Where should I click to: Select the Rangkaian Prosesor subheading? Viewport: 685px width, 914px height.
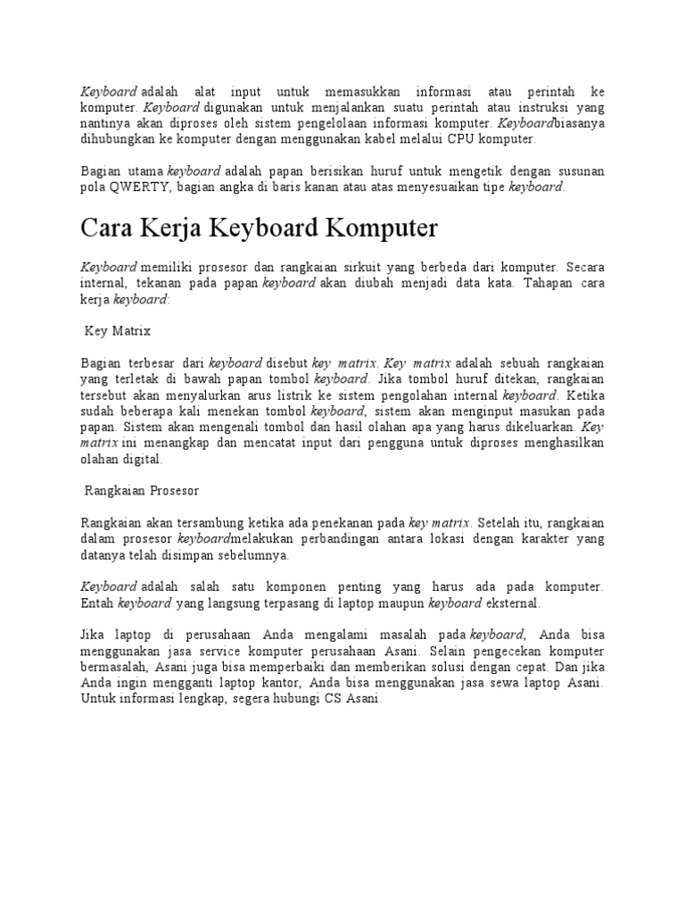pos(141,490)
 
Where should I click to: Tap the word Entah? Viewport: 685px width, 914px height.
pos(96,603)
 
